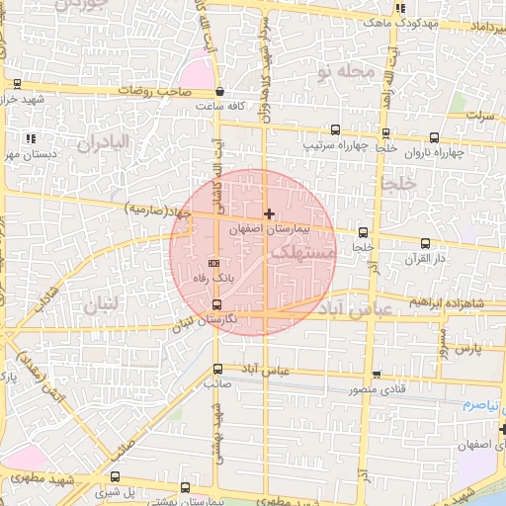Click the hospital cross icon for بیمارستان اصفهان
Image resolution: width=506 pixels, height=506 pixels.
click(x=269, y=213)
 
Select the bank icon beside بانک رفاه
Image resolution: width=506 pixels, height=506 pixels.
click(x=216, y=263)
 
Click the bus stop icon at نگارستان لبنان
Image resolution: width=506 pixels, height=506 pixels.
click(x=217, y=317)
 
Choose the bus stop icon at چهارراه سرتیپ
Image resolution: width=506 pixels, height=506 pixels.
click(x=336, y=129)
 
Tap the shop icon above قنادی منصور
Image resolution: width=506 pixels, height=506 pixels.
click(x=377, y=374)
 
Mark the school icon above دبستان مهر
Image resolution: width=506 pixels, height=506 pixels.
click(x=31, y=138)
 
